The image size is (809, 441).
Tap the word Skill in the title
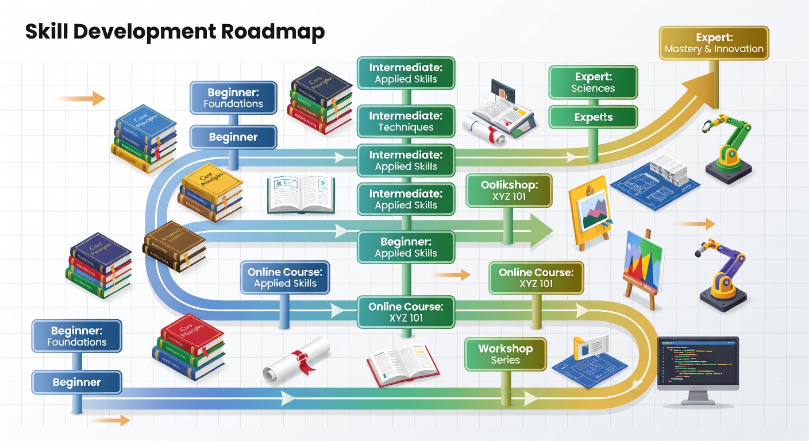pos(44,32)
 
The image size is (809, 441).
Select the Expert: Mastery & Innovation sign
pos(714,42)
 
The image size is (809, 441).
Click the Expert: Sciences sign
pos(593,83)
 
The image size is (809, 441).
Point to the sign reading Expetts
pos(593,117)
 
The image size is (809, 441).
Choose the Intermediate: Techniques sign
pos(406,121)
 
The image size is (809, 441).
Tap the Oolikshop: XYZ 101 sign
pos(508,191)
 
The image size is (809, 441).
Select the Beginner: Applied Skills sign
pos(406,247)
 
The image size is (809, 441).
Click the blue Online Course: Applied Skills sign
pos(285,277)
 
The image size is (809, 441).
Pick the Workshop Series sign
pos(505,354)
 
